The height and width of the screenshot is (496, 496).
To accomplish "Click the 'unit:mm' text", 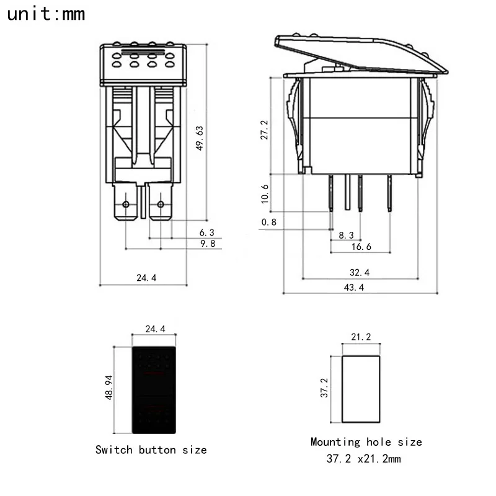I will click(x=46, y=14).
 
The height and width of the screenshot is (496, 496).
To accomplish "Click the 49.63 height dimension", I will click(x=199, y=138).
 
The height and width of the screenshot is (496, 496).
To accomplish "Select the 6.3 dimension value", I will click(x=206, y=232).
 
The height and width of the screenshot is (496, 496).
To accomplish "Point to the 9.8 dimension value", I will click(x=206, y=244).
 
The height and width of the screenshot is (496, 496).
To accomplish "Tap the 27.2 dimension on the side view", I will click(x=265, y=131).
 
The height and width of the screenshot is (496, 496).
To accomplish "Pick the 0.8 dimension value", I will click(x=269, y=221).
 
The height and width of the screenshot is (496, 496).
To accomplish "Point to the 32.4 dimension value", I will click(x=360, y=272).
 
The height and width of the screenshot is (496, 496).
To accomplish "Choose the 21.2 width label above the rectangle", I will click(x=361, y=337).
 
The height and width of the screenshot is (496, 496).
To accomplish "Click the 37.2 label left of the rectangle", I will click(x=324, y=387).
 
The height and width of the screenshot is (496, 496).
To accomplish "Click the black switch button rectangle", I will click(x=154, y=389).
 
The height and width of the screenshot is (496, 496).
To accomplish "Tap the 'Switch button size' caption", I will click(x=151, y=449).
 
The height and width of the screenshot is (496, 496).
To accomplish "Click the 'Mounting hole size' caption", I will click(x=366, y=442).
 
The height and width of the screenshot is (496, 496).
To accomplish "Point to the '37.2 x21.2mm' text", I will click(x=364, y=459).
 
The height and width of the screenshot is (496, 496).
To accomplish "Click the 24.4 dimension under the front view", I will click(x=146, y=278).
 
